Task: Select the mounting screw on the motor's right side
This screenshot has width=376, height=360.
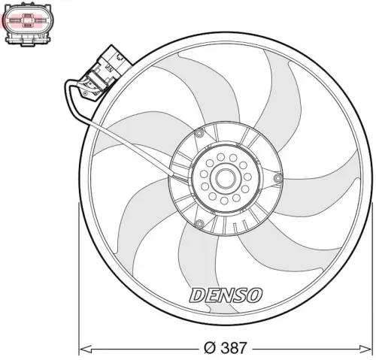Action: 278,177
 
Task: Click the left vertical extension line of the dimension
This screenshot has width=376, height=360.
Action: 79,278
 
